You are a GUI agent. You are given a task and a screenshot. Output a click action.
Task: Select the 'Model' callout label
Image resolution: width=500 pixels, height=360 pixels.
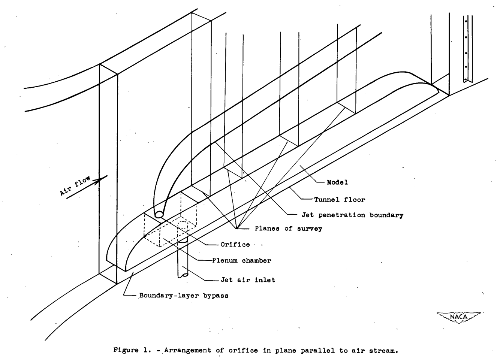pyautogui.click(x=337, y=182)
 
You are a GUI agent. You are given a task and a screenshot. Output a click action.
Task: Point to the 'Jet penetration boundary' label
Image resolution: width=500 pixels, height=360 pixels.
pyautogui.click(x=352, y=215)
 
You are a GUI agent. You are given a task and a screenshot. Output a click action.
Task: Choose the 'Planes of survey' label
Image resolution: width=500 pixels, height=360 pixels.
pyautogui.click(x=288, y=229)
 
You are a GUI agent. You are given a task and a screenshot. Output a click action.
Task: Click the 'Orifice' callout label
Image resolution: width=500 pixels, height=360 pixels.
pyautogui.click(x=235, y=245)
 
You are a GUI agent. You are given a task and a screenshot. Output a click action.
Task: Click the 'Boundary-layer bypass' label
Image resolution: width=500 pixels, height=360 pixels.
pyautogui.click(x=184, y=295)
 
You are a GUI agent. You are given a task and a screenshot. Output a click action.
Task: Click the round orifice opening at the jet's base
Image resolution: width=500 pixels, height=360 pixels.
pyautogui.click(x=159, y=215)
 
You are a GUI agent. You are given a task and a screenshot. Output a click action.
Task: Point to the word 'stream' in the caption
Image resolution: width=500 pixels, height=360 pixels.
pyautogui.click(x=382, y=351)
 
